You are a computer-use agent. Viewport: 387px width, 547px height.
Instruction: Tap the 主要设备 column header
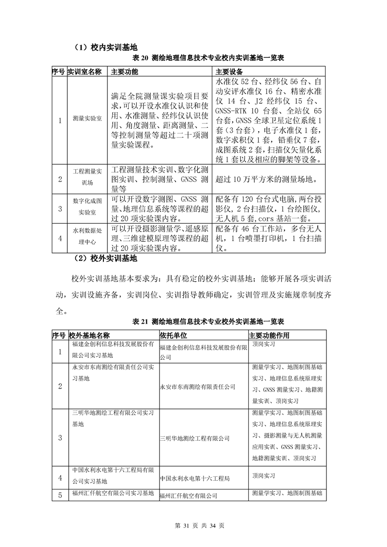point(229,72)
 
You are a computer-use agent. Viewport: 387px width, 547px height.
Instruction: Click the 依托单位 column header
point(173,336)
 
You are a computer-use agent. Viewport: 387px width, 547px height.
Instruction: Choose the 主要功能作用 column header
point(269,336)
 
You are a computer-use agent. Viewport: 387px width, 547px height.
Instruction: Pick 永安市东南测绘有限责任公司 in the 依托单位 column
point(198,387)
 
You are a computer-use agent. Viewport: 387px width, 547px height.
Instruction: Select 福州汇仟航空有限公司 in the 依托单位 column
point(188,496)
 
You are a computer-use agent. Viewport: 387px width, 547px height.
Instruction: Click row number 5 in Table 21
point(60,495)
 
